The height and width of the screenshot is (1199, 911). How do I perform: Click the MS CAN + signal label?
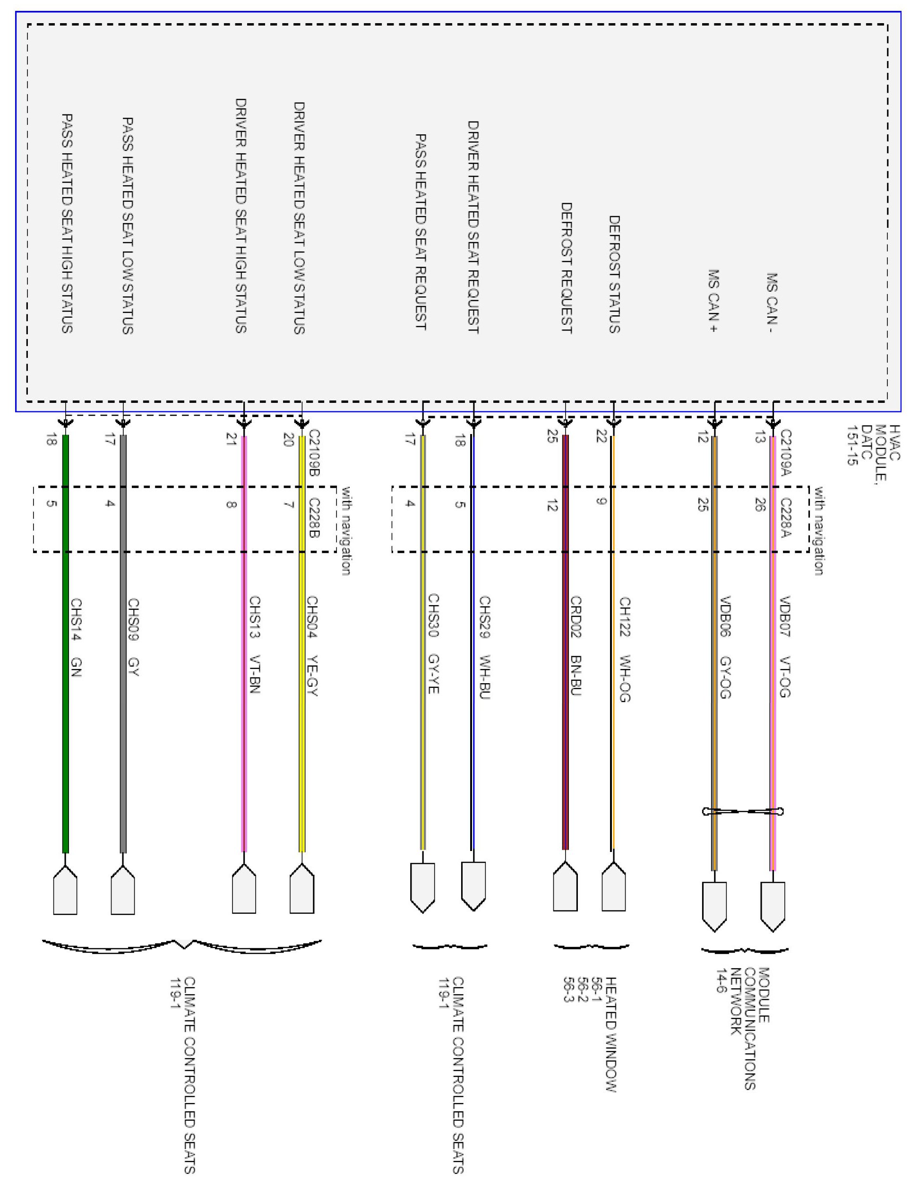(713, 301)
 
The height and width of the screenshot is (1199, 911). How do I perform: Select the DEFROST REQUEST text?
(567, 268)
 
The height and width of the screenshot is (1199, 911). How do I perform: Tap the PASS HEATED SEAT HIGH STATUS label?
(67, 223)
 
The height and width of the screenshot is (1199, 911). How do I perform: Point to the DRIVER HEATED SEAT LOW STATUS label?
(299, 217)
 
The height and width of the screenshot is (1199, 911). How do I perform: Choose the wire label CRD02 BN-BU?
(576, 646)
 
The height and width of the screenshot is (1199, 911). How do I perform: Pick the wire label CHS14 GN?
(76, 637)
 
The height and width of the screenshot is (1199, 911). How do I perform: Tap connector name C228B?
(314, 518)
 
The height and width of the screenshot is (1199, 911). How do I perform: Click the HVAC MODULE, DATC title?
(873, 445)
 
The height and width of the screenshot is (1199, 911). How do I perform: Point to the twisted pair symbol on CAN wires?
(743, 812)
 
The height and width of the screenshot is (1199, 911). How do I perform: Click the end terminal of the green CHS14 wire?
(65, 890)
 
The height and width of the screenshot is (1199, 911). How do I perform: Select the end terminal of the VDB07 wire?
(773, 906)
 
